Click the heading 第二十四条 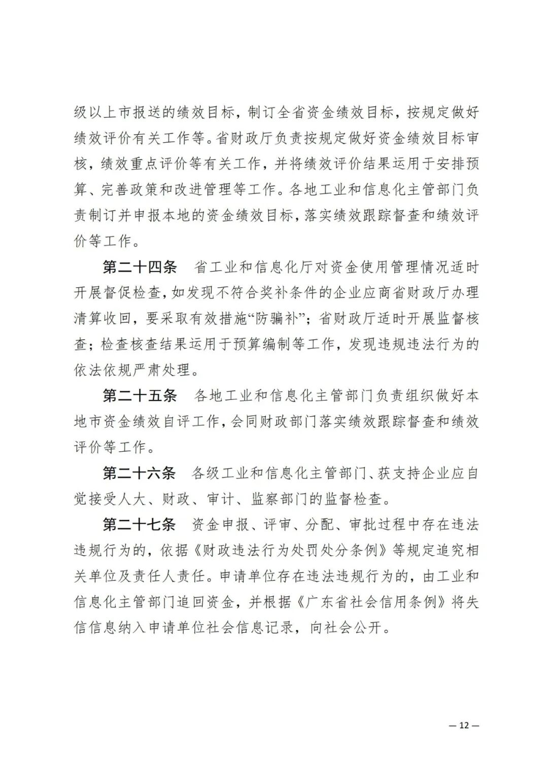click(140, 267)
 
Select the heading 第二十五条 click(140, 395)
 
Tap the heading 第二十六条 click(140, 473)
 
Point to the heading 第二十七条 click(140, 524)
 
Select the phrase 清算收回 click(103, 319)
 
